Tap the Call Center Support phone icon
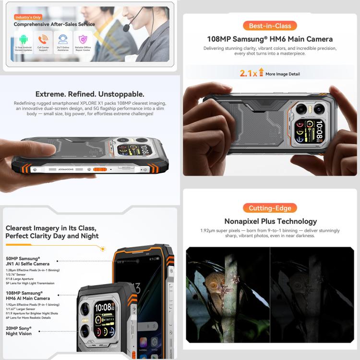pos(43,39)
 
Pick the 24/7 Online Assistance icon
pos(62,39)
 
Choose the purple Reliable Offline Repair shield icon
pos(83,39)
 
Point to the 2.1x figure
pos(248,73)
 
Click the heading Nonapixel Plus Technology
pos(270,221)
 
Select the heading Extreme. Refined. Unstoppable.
pos(90,94)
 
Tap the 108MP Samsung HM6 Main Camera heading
pos(270,39)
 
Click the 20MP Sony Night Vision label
pos(19,331)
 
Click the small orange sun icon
pos(102,248)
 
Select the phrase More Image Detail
pos(283,74)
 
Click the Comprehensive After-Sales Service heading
pos(54,24)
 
